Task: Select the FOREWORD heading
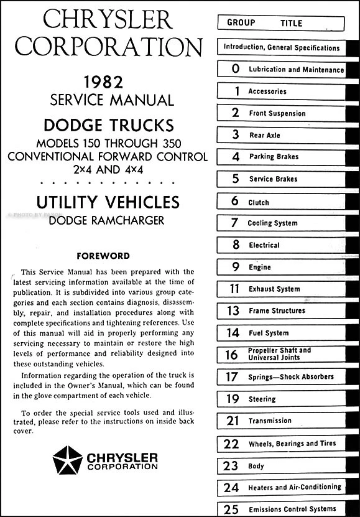[x=103, y=256]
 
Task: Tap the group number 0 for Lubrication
[x=235, y=70]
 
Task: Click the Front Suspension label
[x=277, y=114]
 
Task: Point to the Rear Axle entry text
[x=264, y=136]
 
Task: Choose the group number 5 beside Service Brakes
[x=235, y=179]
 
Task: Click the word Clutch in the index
[x=259, y=202]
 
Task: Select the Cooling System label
[x=272, y=223]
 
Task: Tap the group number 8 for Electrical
[x=235, y=245]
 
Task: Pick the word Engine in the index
[x=259, y=268]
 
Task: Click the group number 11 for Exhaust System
[x=234, y=289]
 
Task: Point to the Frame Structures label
[x=277, y=311]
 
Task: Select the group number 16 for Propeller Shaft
[x=233, y=355]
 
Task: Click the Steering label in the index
[x=262, y=399]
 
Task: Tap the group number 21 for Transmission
[x=233, y=421]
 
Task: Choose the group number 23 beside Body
[x=232, y=465]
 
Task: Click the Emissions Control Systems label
[x=292, y=509]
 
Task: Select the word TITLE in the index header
[x=291, y=24]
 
